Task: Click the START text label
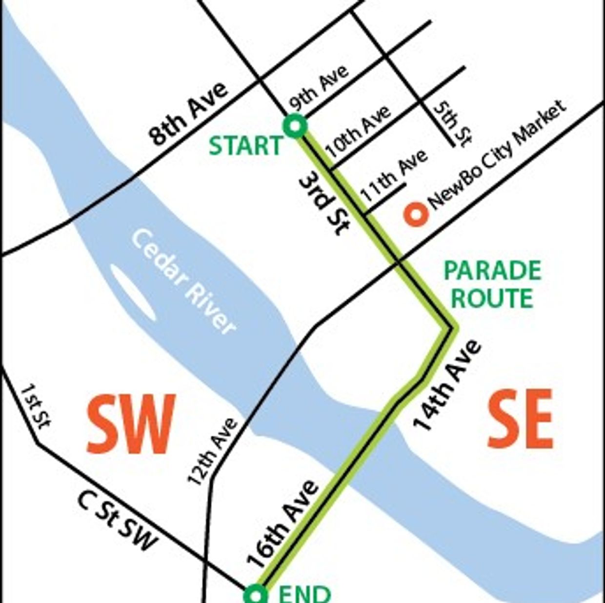coord(245,146)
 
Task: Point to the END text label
coord(304,594)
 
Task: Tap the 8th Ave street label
coord(188,113)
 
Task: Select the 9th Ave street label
coord(319,88)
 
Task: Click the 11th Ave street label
coord(394,176)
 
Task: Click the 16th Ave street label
coord(283,525)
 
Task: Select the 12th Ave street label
coord(213,452)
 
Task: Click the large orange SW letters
coord(131,423)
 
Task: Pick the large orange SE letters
coord(520,419)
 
